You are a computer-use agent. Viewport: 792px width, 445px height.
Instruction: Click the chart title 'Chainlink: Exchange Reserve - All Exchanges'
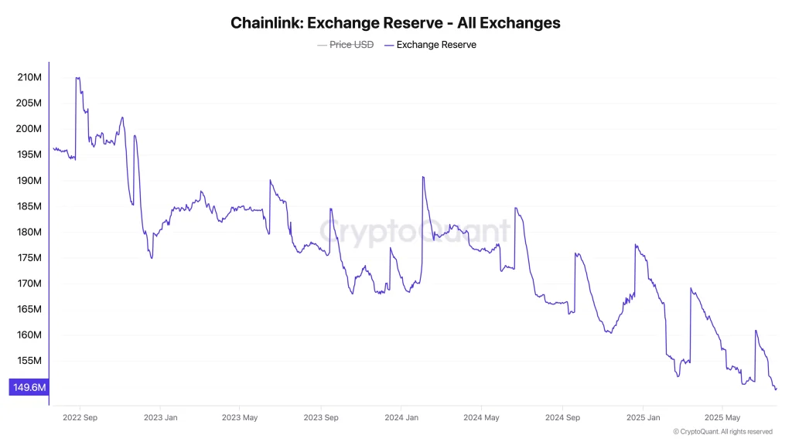pos(395,23)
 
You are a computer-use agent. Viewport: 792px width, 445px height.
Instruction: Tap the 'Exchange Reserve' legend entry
pos(436,45)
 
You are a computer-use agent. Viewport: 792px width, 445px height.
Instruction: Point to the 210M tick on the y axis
pos(29,77)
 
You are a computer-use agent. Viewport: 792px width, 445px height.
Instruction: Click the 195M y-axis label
pos(29,155)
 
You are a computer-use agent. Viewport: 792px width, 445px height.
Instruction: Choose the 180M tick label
pos(29,232)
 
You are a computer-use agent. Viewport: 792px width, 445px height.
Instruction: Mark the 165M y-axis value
pos(29,309)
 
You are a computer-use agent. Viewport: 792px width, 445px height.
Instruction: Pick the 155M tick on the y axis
pos(29,361)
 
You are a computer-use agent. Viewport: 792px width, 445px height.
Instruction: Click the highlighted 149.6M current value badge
pos(29,387)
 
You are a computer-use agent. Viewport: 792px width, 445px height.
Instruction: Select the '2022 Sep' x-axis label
pos(79,417)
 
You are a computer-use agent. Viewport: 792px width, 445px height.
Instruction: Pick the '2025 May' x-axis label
pos(721,417)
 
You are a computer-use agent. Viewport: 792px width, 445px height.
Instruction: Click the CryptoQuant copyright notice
pos(722,432)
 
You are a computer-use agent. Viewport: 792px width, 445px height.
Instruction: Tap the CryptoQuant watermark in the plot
pos(415,231)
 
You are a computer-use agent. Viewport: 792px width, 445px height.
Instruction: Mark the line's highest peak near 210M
pos(77,77)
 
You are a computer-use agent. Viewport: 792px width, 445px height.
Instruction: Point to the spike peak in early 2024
pos(423,177)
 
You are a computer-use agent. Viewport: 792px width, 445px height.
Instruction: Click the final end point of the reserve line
pos(776,389)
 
